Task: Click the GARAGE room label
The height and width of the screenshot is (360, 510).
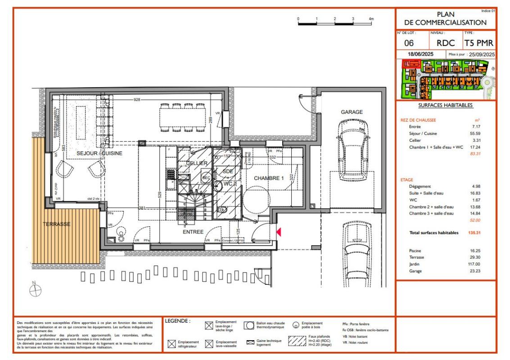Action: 352,112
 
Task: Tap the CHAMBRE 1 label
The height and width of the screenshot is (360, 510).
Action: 269,178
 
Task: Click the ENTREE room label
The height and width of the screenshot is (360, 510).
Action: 193,232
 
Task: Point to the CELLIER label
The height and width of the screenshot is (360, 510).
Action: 196,162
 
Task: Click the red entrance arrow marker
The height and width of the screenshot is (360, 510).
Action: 279,232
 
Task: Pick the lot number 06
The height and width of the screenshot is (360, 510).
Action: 409,43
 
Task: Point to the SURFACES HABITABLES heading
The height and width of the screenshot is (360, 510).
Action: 445,106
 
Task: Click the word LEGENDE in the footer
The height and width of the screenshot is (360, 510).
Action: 178,321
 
